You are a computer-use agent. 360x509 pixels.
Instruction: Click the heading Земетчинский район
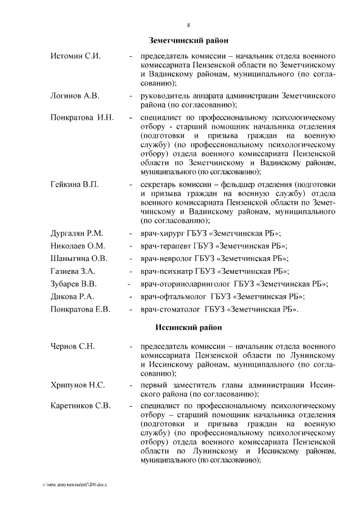click(188, 41)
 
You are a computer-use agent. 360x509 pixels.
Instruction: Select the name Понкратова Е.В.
click(80, 309)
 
